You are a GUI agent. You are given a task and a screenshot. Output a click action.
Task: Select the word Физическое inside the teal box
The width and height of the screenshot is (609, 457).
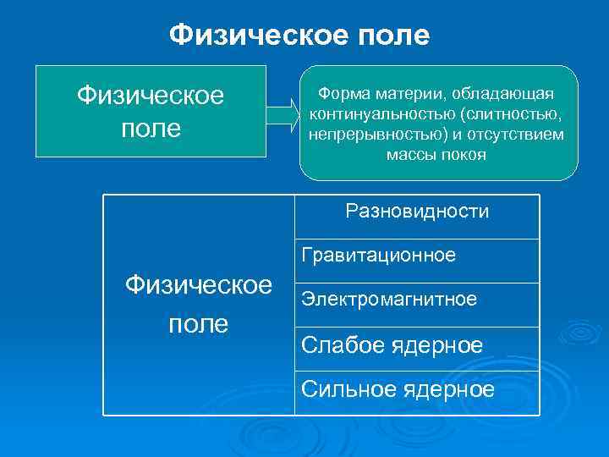pos(151,94)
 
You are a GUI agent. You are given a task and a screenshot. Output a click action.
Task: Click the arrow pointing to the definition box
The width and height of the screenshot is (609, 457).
pos(283,112)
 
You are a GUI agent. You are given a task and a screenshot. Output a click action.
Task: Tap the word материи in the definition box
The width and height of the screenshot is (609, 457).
pos(411,91)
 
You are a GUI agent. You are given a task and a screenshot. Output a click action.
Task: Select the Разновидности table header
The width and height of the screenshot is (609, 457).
pos(416,211)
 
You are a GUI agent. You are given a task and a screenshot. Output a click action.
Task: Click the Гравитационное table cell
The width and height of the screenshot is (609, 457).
pos(378,256)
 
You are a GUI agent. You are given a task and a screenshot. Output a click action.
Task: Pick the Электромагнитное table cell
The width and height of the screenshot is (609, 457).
pos(389,300)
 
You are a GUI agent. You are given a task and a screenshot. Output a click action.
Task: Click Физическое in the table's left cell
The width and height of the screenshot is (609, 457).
pos(198,285)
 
